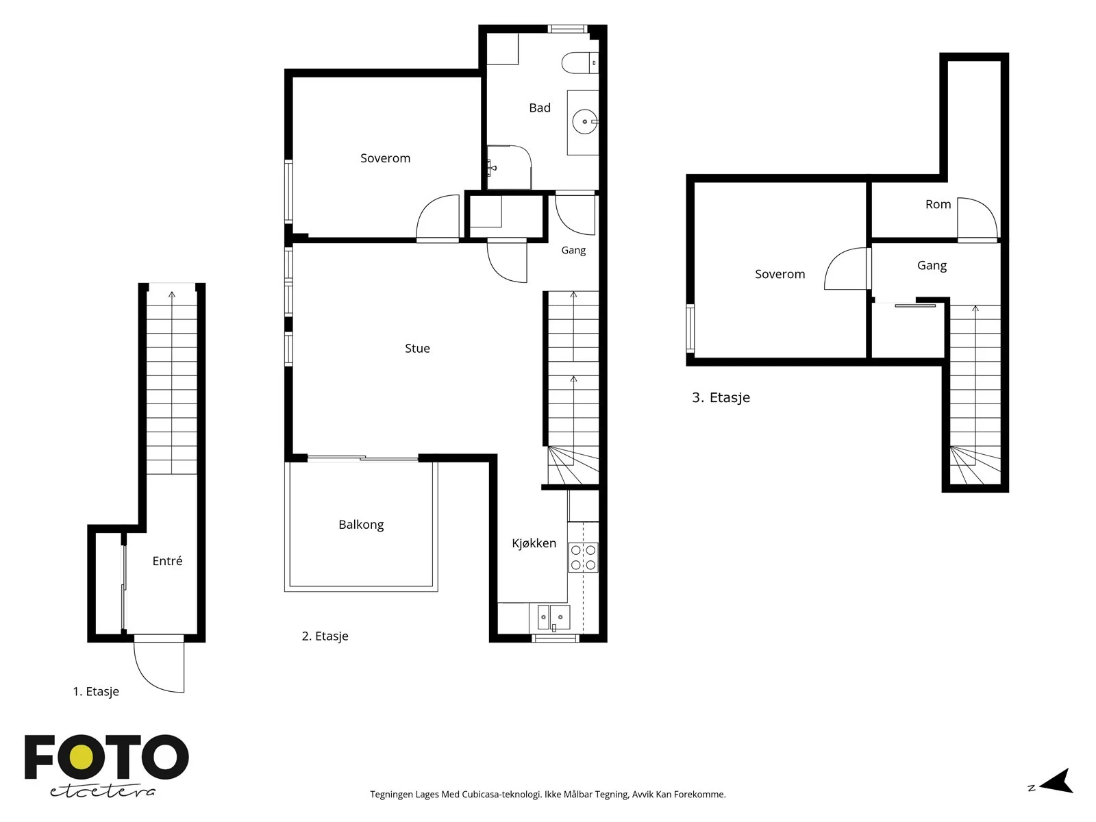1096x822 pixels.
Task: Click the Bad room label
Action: (540, 108)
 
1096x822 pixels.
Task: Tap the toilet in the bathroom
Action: (580, 63)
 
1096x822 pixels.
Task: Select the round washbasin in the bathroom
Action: (585, 122)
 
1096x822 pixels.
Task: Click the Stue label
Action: (417, 349)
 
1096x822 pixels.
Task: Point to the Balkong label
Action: (361, 525)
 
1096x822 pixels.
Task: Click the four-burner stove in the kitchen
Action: (583, 558)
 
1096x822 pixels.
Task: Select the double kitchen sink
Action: (553, 617)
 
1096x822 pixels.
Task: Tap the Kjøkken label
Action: (534, 543)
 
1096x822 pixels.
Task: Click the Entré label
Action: (167, 561)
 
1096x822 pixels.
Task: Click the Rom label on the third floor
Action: (938, 204)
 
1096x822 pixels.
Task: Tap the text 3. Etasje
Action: (721, 398)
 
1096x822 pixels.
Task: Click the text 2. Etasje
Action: (325, 636)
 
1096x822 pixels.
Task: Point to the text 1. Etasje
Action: (96, 692)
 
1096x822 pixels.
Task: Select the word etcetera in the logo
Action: (102, 792)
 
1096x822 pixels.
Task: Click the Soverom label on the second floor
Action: (385, 158)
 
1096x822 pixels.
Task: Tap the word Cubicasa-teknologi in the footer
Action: (502, 795)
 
